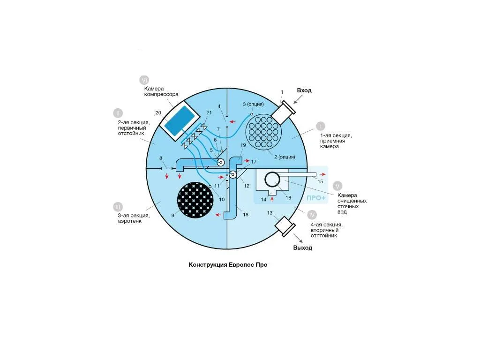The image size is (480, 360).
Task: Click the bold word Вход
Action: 304,90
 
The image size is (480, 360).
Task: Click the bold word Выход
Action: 302,247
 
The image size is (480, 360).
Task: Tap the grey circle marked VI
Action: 144,80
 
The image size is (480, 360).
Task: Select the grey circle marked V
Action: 337,186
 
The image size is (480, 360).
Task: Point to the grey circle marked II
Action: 118,113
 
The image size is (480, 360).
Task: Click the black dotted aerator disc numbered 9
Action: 195,200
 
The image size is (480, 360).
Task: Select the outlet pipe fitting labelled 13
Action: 285,226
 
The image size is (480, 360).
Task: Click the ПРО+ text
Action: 316,198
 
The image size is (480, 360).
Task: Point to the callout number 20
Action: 158,112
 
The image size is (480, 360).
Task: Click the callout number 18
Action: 246,215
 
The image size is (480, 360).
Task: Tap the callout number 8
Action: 161,158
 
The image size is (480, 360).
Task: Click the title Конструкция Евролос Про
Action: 228,265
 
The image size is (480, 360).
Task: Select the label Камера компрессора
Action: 161,91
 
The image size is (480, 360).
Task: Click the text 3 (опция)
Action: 253,104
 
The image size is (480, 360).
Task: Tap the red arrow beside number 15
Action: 322,174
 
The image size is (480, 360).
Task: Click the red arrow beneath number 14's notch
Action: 272,200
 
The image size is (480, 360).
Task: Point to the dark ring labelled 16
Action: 272,180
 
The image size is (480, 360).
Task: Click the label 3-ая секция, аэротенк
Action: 134,218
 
